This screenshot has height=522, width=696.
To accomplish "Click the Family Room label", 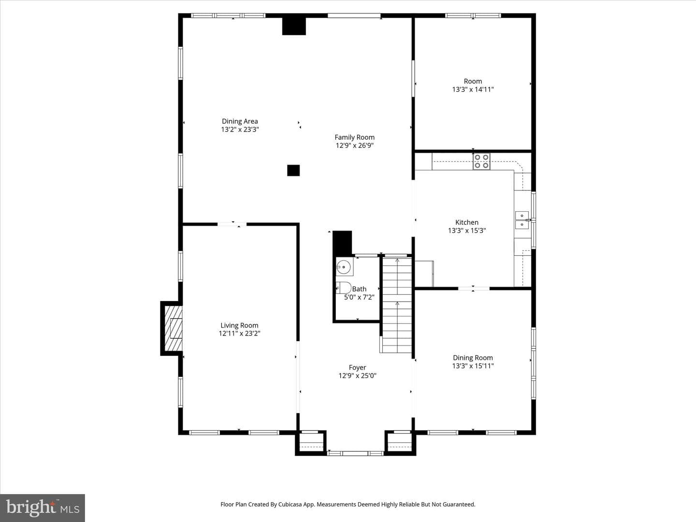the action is (x=354, y=137).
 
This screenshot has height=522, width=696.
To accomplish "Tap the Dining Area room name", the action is (x=240, y=121).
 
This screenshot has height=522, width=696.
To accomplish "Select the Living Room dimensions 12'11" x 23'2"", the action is (x=239, y=333).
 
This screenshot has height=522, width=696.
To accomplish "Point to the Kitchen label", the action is (x=467, y=222).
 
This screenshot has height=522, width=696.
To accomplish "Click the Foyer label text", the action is (x=357, y=368).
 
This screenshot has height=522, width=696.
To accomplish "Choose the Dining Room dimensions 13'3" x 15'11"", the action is (x=473, y=366).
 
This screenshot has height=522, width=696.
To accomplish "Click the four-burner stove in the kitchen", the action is (x=481, y=161).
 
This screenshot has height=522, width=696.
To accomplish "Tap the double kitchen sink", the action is (x=522, y=220).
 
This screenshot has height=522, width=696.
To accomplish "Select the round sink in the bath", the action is (x=344, y=267).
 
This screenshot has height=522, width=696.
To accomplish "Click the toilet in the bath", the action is (x=344, y=288).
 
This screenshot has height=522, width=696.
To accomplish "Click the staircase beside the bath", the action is (x=397, y=305).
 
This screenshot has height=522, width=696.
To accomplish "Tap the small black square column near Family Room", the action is (x=293, y=171).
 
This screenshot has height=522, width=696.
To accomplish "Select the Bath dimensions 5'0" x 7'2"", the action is (x=359, y=297).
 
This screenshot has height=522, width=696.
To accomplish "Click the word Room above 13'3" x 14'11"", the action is (x=473, y=81).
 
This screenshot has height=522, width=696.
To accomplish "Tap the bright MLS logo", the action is (x=43, y=508).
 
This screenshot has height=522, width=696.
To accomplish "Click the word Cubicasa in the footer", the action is (x=290, y=504).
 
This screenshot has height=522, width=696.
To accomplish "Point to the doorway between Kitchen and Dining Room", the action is (x=474, y=289).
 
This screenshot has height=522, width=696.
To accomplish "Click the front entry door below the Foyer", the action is (x=355, y=453).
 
